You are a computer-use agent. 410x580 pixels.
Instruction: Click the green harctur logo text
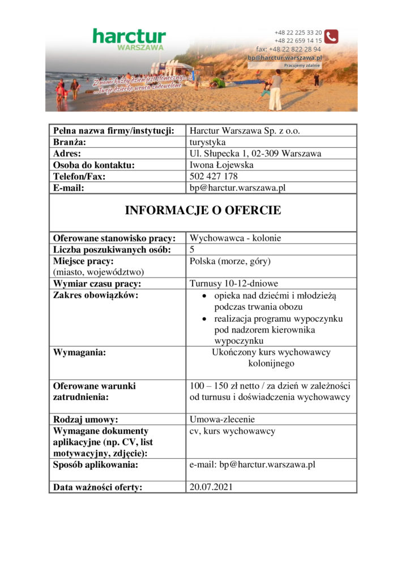pos(129,37)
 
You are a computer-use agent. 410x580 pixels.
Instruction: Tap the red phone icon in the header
pos(331,36)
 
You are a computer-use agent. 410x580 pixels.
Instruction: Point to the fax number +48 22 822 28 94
pos(289,49)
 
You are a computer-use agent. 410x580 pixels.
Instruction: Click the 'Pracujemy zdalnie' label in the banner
pos(302,65)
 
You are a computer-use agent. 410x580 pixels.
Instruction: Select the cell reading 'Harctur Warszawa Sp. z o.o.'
pos(245,131)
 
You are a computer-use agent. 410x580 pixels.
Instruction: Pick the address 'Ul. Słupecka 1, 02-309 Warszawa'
pos(255,153)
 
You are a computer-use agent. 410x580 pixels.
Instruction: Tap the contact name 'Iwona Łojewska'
pos(221,165)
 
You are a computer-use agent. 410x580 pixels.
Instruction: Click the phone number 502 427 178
pos(213,176)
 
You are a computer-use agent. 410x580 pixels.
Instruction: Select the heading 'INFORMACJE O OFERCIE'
pos(203,211)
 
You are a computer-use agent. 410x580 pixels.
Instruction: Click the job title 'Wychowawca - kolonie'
pos(235,238)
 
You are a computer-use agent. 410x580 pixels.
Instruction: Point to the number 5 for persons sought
pos(193,249)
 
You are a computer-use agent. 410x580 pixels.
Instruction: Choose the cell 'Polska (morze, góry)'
pos(230,261)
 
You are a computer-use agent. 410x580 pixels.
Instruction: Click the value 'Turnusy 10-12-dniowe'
pos(234,284)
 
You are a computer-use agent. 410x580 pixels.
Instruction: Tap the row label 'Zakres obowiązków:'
pos(96,295)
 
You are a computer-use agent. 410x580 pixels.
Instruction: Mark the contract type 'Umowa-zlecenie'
pos(222,420)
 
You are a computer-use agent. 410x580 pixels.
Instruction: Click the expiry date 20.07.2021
pos(211,487)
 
